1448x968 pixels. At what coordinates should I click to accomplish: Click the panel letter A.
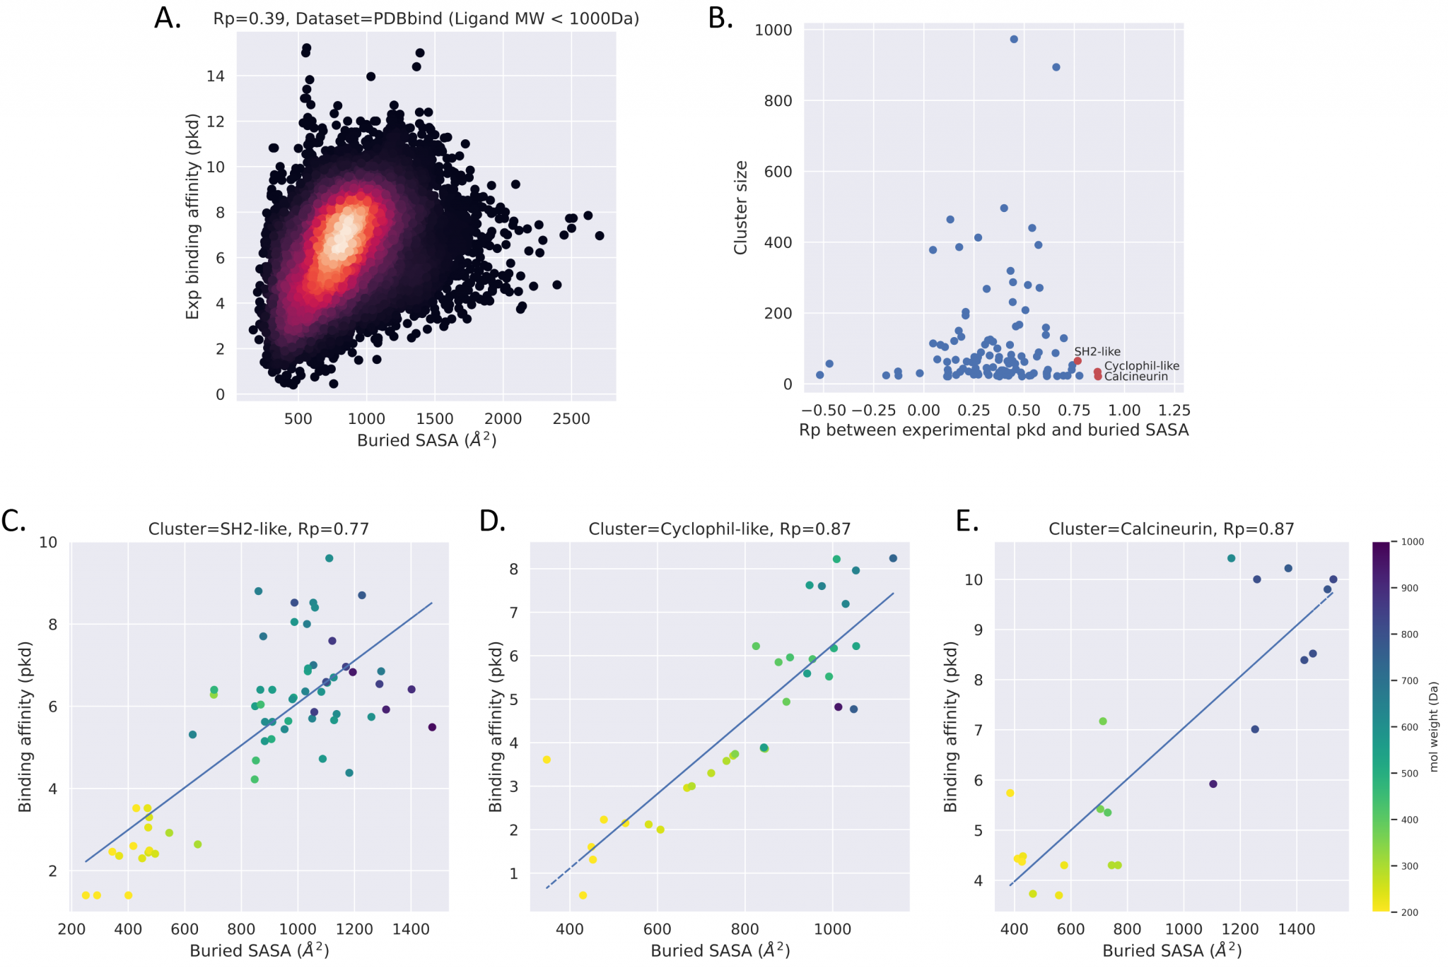coord(168,18)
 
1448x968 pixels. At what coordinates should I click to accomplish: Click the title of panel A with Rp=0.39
coord(426,19)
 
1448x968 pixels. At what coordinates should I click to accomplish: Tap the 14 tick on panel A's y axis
coord(215,76)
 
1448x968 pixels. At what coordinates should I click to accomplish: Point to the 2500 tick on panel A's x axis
coord(571,419)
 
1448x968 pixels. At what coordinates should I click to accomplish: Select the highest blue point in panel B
coord(1014,40)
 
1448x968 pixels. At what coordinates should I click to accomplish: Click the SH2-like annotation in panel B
coord(1097,352)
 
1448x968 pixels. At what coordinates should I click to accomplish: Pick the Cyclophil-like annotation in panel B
coord(1141,366)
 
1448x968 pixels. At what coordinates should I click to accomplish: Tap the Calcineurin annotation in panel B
coord(1135,377)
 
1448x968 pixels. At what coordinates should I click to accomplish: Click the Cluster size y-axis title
coord(740,208)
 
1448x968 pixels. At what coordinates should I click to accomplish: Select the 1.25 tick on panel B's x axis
coord(1174,411)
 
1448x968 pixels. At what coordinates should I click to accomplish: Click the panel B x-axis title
coord(993,430)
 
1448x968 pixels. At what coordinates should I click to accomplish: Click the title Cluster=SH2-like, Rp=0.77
coord(258,529)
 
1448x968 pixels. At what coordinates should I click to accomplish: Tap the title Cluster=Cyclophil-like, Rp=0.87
coord(719,529)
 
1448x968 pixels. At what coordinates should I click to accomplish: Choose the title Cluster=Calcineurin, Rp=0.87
coord(1171,529)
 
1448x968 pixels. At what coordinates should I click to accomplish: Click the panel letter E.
coord(967,522)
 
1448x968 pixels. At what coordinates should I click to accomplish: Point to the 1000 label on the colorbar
coord(1412,542)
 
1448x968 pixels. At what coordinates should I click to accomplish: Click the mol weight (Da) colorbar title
coord(1433,726)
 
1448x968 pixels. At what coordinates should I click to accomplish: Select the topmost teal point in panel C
coord(329,558)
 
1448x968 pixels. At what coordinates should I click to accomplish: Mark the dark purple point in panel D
coord(838,707)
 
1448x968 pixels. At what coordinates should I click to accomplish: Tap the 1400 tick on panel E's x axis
coord(1296,929)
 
